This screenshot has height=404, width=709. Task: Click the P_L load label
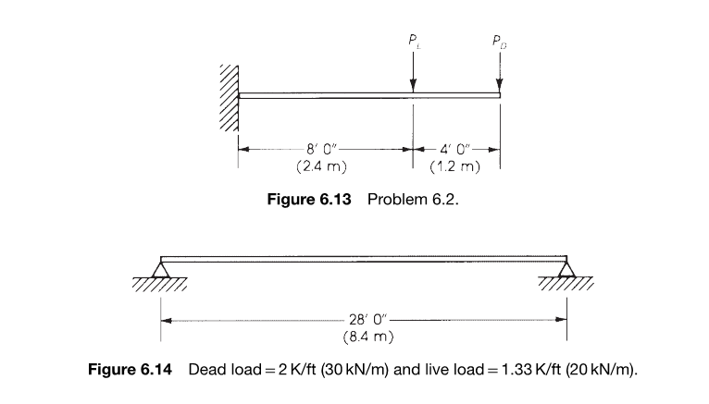[415, 41]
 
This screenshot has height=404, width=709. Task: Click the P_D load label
[499, 42]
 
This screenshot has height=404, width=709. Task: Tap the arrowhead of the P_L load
[413, 86]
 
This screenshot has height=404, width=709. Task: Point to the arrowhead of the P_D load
[500, 86]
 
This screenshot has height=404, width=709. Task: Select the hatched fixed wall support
[230, 98]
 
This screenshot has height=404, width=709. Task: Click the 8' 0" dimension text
[322, 149]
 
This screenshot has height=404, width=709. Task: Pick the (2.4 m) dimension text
[321, 166]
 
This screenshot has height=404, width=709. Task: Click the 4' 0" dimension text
[455, 149]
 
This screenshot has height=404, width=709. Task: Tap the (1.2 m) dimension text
[454, 166]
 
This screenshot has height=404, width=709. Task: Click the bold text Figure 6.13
[309, 199]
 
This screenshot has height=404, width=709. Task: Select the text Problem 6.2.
[413, 199]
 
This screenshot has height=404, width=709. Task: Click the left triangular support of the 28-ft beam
[160, 269]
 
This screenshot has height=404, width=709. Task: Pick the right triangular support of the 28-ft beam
[566, 269]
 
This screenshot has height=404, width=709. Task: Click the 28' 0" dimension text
[368, 319]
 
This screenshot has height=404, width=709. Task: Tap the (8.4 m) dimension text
[368, 337]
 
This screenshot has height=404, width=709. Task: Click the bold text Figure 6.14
[130, 369]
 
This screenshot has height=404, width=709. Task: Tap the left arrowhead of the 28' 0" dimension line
[166, 321]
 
